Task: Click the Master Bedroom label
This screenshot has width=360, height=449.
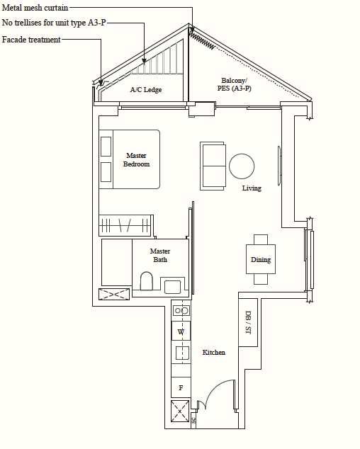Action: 137,160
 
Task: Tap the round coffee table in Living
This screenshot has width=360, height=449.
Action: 242,166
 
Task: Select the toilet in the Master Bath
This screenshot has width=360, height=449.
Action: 147,281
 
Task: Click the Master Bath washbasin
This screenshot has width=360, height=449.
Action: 172,287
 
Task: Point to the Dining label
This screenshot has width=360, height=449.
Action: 261,260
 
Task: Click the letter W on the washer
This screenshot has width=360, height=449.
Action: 181,332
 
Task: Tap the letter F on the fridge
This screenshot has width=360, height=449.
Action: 181,387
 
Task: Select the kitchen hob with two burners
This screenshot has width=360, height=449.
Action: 181,310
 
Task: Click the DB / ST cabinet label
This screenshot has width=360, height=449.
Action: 248,322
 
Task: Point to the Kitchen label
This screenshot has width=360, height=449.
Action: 214,353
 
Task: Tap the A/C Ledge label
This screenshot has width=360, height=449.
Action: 146,90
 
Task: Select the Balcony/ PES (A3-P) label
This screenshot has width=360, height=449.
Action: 234,84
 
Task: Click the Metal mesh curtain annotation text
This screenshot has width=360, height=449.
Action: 35,8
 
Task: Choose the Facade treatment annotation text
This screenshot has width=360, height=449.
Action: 31,40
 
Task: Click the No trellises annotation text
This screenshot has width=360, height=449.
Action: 54,23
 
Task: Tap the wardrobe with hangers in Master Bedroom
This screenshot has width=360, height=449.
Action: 125,225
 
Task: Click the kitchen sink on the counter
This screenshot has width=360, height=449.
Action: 182,353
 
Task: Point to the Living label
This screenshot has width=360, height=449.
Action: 252,188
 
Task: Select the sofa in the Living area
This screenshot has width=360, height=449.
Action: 213,166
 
